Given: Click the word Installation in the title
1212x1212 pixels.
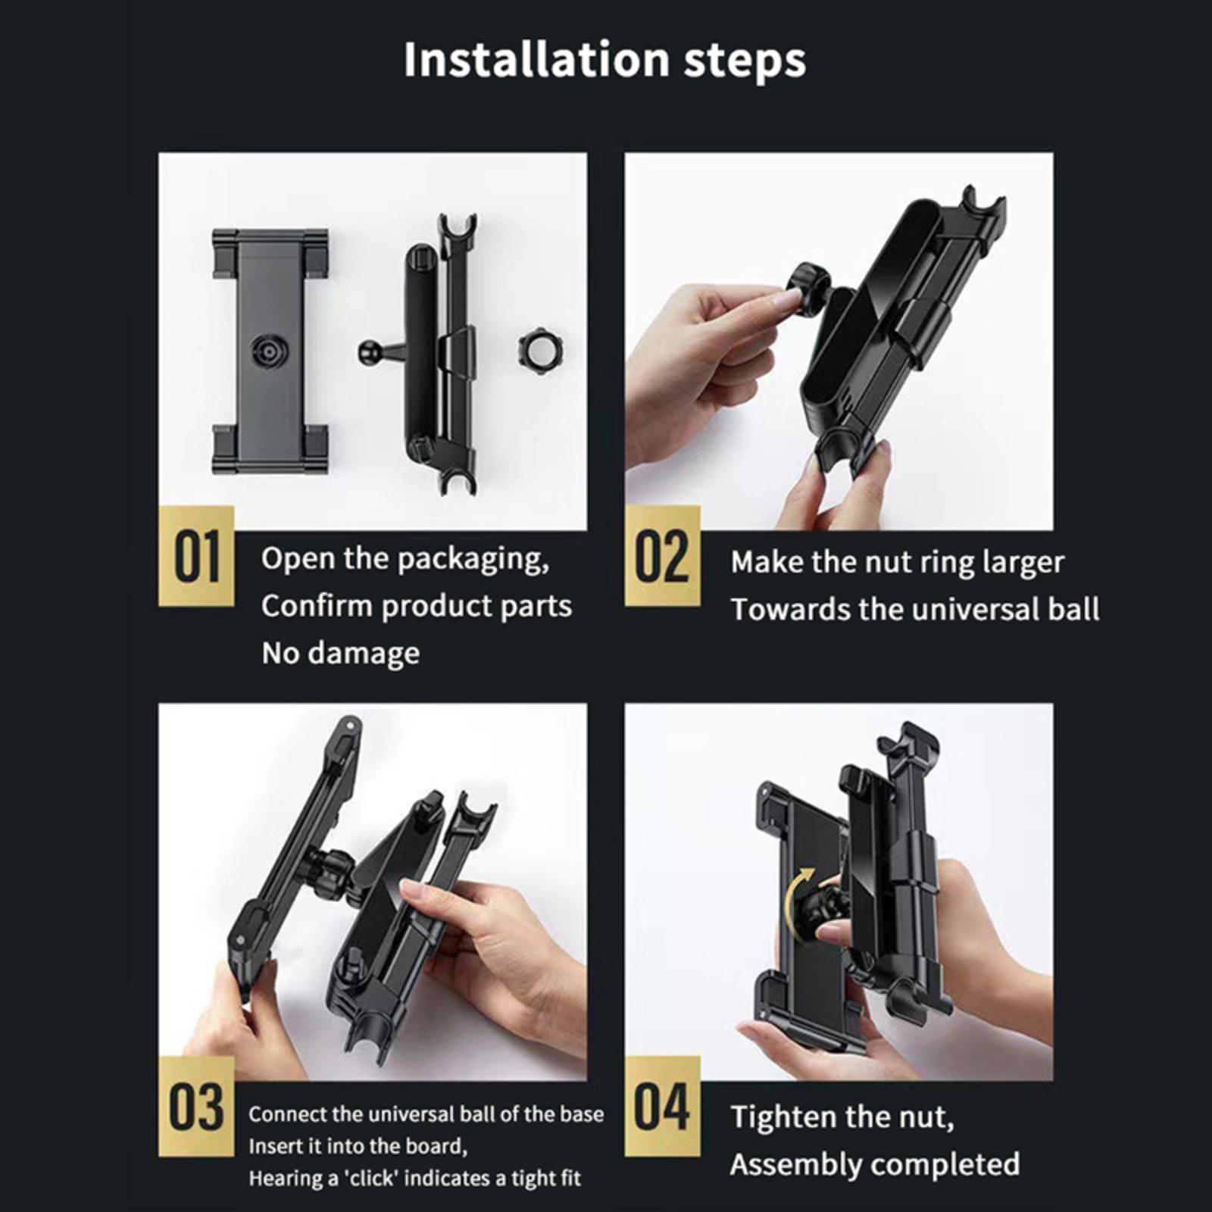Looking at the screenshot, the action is (536, 59).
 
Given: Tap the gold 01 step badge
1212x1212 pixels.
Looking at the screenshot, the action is (197, 557).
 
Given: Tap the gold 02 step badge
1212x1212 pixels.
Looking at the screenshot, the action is (662, 557).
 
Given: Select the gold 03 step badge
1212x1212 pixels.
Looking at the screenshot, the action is (197, 1107).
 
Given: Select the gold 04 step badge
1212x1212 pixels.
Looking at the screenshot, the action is (662, 1107).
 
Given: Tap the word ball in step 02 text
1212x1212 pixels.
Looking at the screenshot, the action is (1074, 610).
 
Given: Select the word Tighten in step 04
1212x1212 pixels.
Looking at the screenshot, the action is (784, 1118).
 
